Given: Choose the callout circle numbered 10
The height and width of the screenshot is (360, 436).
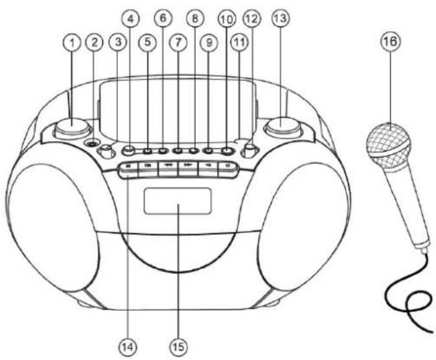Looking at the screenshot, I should tap(226, 19).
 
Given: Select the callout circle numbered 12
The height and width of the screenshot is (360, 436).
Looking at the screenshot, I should tap(251, 20).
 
